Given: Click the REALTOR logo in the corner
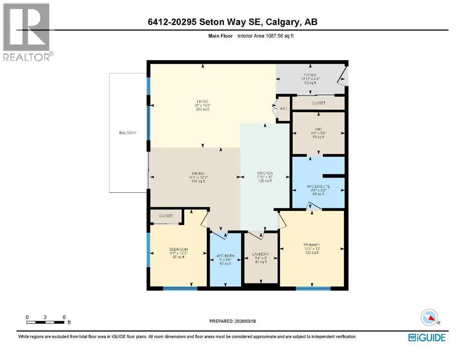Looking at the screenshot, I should pos(28,32).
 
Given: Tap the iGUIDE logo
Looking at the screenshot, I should pos(426,337).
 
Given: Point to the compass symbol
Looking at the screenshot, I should pos(429,318).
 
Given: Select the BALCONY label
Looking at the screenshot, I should pos(127,133).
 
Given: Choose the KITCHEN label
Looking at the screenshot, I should pos(265,173).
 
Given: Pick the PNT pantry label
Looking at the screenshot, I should pos(283,108).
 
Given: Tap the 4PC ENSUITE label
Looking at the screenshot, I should pos(318,186).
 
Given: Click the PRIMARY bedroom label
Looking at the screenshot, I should pos(311,245).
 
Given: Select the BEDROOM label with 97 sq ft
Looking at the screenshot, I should pos(178,249).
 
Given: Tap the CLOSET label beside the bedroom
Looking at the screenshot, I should pos(166,216).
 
